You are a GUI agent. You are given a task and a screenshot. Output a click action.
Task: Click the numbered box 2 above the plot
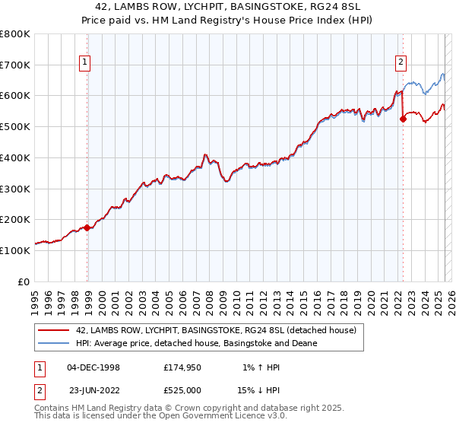point(401,63)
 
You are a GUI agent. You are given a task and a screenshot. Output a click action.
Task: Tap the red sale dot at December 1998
point(87,227)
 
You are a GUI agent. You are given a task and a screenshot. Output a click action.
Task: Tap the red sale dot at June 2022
point(403,118)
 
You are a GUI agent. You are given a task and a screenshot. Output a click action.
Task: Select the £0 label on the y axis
point(24,281)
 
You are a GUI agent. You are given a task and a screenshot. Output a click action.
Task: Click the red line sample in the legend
point(55,330)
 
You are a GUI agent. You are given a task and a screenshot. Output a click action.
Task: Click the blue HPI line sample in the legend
point(55,343)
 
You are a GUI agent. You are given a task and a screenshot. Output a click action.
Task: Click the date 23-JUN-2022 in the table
point(93,390)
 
